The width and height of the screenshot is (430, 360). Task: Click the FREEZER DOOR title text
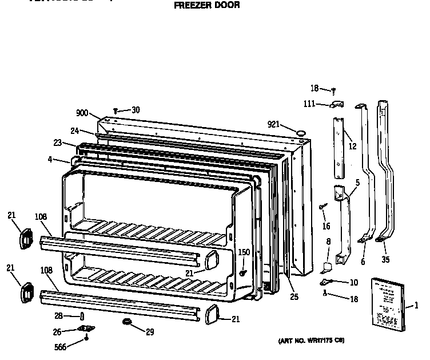point(206,5)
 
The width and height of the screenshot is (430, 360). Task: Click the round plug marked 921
point(299,133)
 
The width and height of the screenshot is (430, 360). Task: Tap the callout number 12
point(352,147)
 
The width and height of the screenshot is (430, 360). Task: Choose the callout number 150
point(244,252)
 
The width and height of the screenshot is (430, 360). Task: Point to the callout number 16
point(327,227)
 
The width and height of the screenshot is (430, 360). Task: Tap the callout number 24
point(75,130)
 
